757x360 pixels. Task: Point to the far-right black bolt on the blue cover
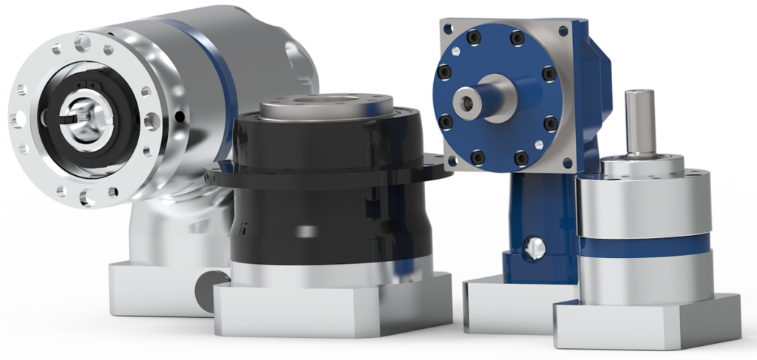coord(549,74)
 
